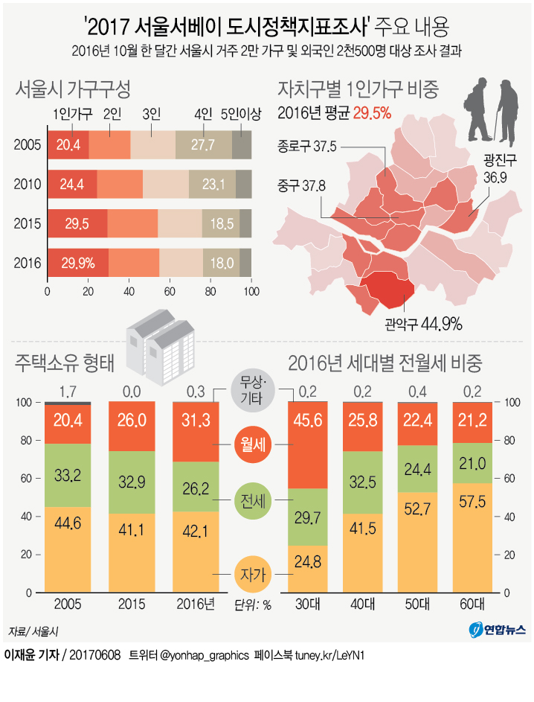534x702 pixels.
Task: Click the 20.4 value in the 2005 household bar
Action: (x=68, y=144)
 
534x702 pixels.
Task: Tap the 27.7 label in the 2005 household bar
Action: (x=203, y=144)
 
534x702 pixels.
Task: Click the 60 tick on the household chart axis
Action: (x=170, y=292)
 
